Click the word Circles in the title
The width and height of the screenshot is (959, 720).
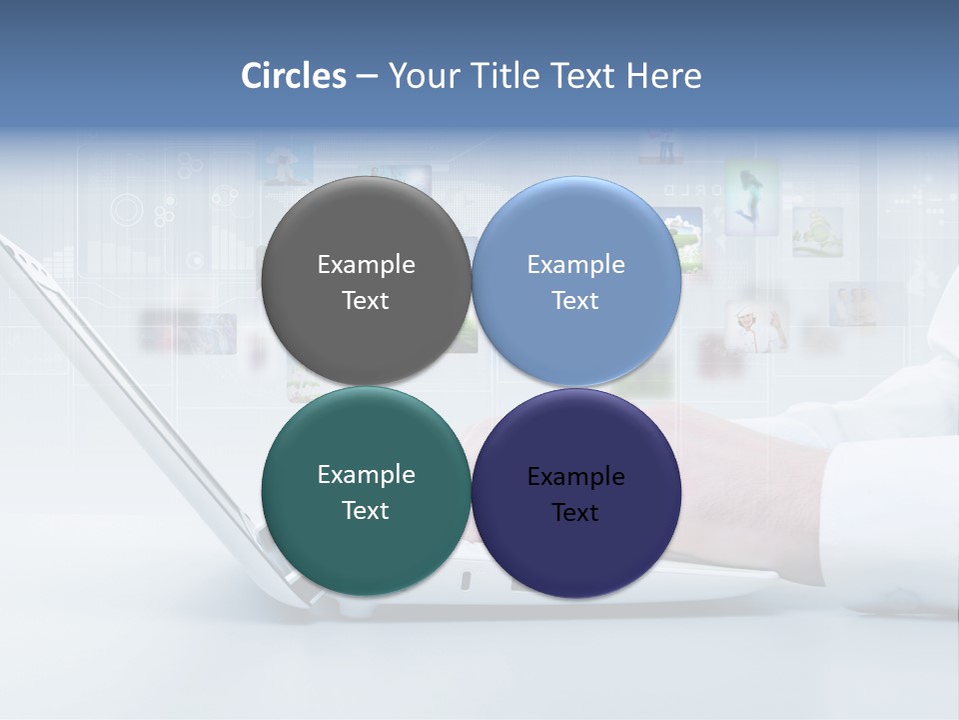(294, 76)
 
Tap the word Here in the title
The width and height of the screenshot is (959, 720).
(663, 76)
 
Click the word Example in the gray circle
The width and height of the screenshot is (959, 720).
(366, 265)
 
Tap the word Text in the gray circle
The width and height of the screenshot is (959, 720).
(366, 301)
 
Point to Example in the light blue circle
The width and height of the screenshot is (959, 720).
(576, 265)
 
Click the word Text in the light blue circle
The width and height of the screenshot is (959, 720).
(576, 301)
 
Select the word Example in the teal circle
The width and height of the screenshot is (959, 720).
(366, 475)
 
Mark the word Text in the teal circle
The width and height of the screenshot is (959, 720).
(366, 511)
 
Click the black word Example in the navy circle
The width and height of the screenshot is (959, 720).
(576, 477)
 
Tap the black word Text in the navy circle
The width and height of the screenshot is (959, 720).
(576, 513)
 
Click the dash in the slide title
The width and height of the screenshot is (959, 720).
(367, 77)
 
